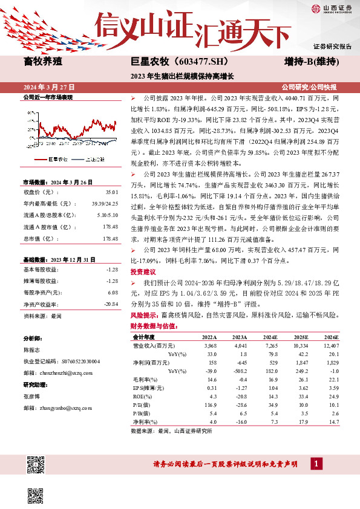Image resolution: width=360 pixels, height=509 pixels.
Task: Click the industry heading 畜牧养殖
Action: tap(44, 62)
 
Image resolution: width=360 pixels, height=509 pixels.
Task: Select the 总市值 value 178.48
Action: tap(111, 222)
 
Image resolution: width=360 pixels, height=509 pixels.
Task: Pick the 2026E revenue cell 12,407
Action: tap(332, 345)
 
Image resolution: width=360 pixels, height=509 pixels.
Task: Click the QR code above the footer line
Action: tap(36, 465)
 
